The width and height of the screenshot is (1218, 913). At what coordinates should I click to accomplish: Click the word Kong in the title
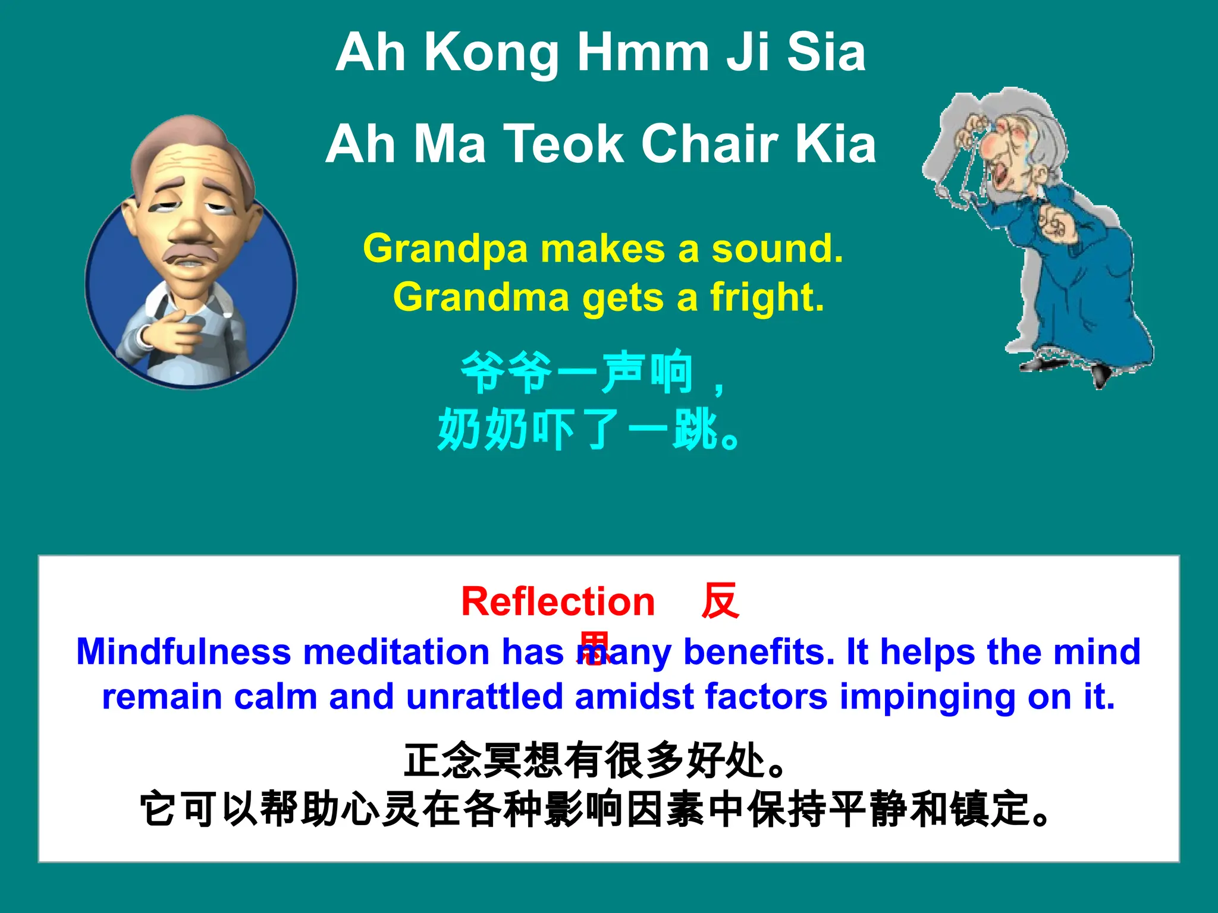pyautogui.click(x=491, y=53)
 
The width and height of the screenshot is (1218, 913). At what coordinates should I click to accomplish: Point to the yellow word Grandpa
pyautogui.click(x=445, y=249)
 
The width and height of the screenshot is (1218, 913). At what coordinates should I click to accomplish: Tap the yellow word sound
pyautogui.click(x=777, y=249)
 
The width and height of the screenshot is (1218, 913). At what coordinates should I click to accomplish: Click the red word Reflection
pyautogui.click(x=558, y=602)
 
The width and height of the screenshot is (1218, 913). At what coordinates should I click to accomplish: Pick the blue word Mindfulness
pyautogui.click(x=183, y=652)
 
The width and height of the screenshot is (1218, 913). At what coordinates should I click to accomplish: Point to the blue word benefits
pyautogui.click(x=759, y=652)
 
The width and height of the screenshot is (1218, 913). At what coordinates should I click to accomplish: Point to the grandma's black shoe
pyautogui.click(x=1100, y=374)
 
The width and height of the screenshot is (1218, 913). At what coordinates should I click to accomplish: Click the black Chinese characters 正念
pyautogui.click(x=443, y=761)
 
